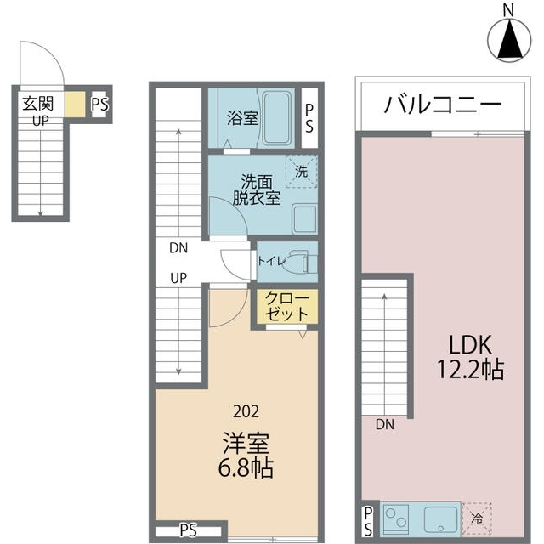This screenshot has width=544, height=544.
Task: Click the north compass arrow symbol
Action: tap(509, 38)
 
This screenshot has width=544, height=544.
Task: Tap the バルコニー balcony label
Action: tap(442, 105)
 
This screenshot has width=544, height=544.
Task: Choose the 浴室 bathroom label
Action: tap(243, 118)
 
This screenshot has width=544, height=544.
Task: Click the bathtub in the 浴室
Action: tap(275, 118)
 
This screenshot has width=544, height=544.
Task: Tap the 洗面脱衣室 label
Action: tap(258, 189)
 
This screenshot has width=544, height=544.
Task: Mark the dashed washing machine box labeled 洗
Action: tap(301, 170)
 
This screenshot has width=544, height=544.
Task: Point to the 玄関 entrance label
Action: tap(38, 104)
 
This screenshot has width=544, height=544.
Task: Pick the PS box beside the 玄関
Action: tap(99, 105)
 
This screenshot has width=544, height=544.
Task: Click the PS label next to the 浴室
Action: tap(309, 118)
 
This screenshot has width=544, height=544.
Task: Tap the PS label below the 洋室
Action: tap(188, 530)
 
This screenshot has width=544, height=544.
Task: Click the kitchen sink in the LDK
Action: tap(440, 516)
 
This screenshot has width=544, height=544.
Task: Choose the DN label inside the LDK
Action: tap(384, 422)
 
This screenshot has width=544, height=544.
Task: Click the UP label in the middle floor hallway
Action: tap(179, 278)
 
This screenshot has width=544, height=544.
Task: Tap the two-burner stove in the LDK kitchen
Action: tap(397, 516)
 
